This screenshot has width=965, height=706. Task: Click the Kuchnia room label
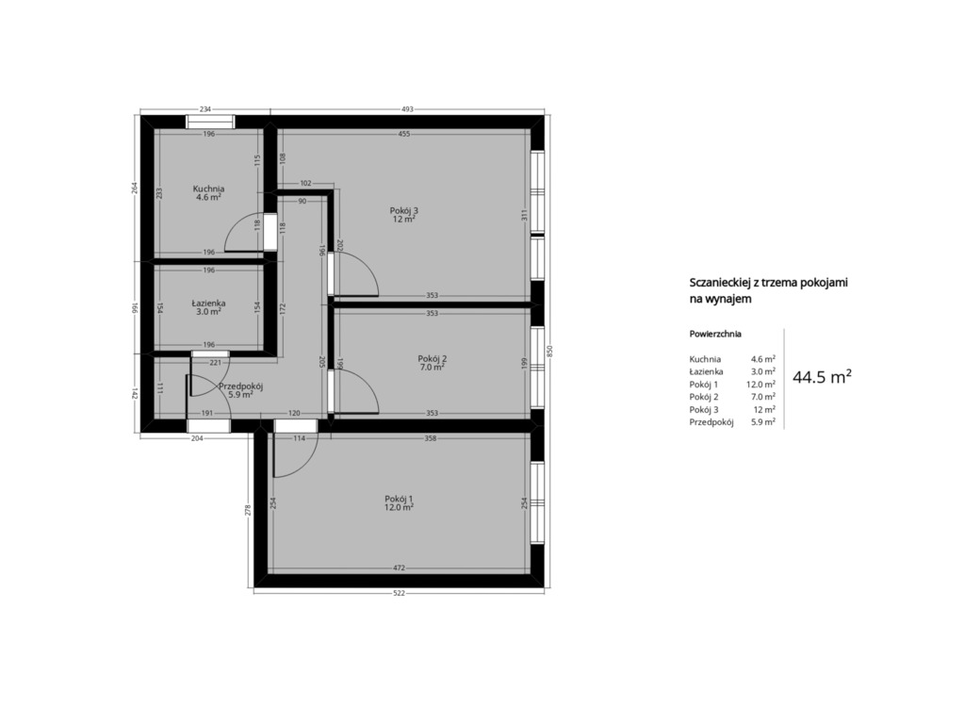click(x=208, y=189)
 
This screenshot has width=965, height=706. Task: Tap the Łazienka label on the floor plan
click(x=208, y=303)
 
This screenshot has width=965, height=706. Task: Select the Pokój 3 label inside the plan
click(x=403, y=210)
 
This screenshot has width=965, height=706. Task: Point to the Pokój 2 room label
click(x=432, y=359)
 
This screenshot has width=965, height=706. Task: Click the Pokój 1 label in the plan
click(x=399, y=499)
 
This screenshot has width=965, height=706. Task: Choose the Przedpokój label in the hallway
click(x=241, y=386)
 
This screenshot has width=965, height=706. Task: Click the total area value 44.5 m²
click(x=822, y=377)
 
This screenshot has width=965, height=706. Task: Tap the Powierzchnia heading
click(x=715, y=335)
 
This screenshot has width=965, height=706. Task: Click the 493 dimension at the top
click(x=407, y=109)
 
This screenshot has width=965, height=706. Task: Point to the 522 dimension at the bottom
click(x=399, y=593)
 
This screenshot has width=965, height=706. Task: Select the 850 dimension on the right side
click(x=550, y=351)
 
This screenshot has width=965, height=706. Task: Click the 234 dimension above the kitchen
click(x=205, y=109)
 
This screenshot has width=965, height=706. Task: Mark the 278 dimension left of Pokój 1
click(x=248, y=510)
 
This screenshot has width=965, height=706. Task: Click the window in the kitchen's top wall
click(x=210, y=122)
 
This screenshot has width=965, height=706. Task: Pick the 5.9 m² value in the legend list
click(x=763, y=422)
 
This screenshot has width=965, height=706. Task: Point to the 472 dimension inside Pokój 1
click(x=399, y=568)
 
